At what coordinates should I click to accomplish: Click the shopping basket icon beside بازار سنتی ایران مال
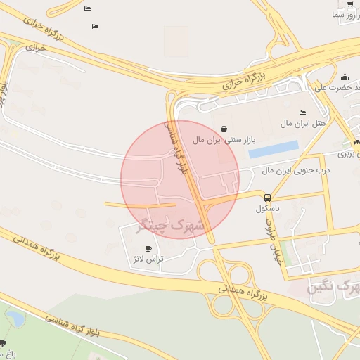click(x=224, y=129)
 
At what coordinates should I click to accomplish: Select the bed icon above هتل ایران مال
click(x=303, y=112)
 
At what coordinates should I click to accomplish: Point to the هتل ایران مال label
click(x=304, y=124)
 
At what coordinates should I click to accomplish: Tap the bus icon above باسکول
click(x=267, y=198)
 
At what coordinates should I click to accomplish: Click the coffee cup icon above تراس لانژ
click(x=148, y=248)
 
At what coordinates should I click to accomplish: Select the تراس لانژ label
click(x=148, y=259)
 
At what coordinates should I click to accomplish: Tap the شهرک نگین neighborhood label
click(x=334, y=288)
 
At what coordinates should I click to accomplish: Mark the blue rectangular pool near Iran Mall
click(x=274, y=149)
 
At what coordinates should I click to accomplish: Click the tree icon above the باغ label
click(x=3, y=344)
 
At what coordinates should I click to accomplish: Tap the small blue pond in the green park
click(x=13, y=318)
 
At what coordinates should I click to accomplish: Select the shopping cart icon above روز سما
click(x=350, y=4)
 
